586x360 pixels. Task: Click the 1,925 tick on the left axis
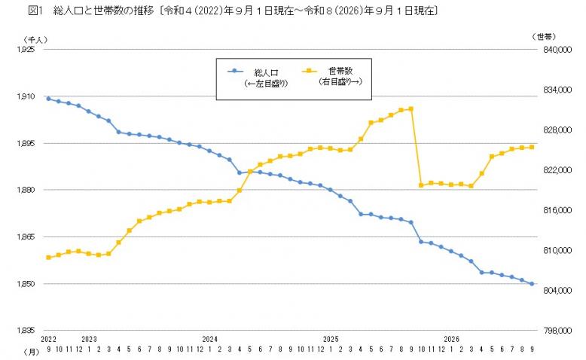tap(26, 50)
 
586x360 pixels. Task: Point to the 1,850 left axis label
tap(26, 284)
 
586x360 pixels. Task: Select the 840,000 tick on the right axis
tap(557, 50)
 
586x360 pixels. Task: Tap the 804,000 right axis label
tap(557, 291)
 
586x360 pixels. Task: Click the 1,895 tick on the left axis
tap(26, 143)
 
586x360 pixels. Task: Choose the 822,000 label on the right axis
tap(557, 170)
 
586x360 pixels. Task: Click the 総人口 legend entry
tap(258, 77)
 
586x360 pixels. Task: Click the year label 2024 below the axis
tap(209, 339)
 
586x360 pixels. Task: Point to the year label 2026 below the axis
tap(451, 339)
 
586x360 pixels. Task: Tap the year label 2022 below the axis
tap(48, 339)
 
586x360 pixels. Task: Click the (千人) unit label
tap(35, 39)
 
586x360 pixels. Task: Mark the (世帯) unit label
tap(544, 37)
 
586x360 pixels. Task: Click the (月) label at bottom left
tap(32, 352)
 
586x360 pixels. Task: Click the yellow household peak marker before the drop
tap(411, 109)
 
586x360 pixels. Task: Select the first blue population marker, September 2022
tap(48, 99)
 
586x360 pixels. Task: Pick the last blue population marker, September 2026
tap(532, 284)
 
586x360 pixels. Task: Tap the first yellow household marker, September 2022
tap(48, 257)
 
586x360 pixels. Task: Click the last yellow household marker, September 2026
tap(532, 148)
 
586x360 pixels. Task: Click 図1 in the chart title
tap(36, 11)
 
